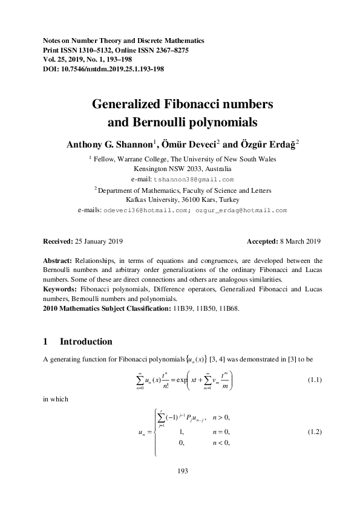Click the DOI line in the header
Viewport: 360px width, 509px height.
tap(103, 69)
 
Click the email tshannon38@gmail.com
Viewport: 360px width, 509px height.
tap(194, 180)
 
